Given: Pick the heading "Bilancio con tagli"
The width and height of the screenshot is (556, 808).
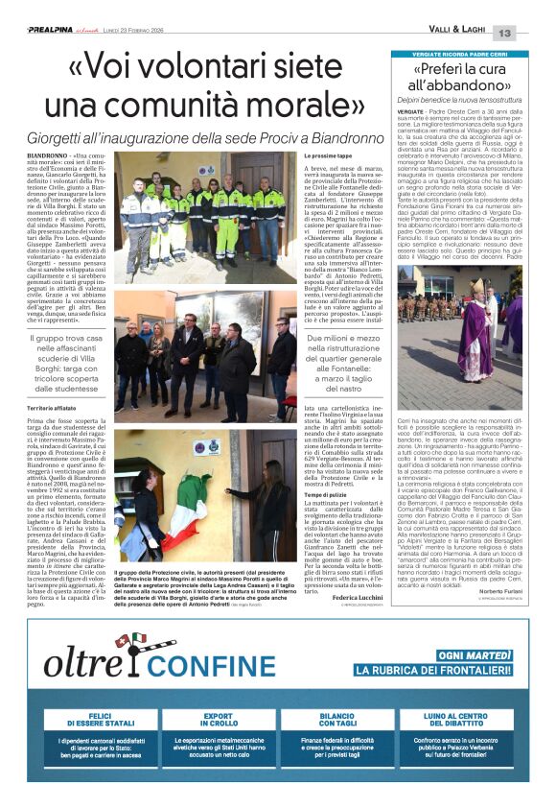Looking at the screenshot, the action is (x=340, y=720).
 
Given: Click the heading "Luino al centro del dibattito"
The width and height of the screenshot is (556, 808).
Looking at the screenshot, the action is (x=465, y=720).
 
